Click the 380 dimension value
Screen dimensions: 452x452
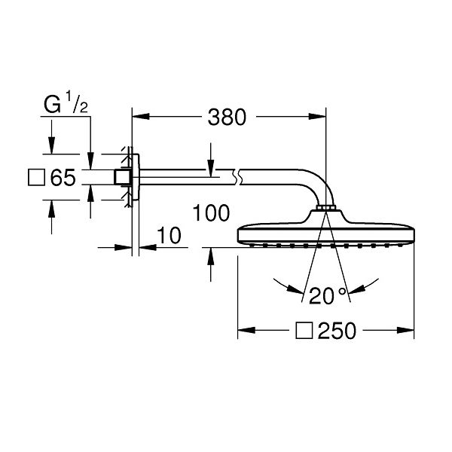click(227, 117)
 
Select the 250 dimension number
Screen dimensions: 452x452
click(337, 331)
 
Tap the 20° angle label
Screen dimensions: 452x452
click(328, 295)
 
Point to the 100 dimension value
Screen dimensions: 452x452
click(211, 213)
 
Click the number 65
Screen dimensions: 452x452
click(63, 177)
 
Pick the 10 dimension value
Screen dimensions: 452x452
click(169, 236)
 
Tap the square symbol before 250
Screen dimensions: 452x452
click(304, 331)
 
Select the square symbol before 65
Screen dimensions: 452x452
click(36, 177)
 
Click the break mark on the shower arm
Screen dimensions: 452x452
click(237, 177)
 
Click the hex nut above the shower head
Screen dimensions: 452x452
click(325, 208)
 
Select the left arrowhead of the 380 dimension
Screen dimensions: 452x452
click(141, 117)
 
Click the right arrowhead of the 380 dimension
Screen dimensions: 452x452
click(317, 117)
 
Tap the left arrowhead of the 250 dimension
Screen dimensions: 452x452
click(246, 331)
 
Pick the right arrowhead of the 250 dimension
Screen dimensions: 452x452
click(405, 331)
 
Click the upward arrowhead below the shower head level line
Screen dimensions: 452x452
click(211, 256)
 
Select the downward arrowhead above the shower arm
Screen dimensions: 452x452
click(211, 168)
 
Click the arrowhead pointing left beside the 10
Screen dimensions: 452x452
click(148, 247)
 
